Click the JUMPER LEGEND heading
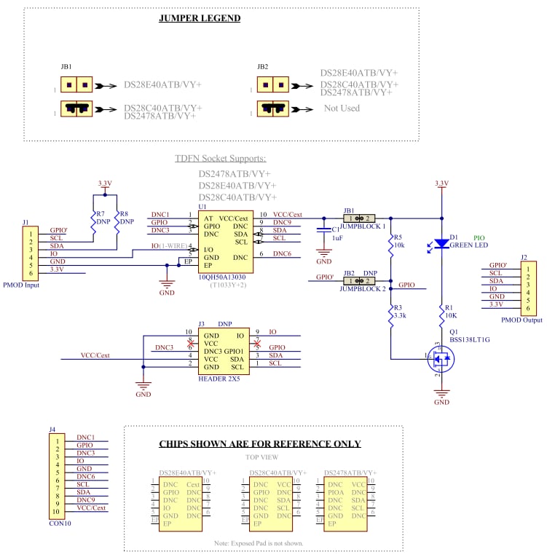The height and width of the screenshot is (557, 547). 200,18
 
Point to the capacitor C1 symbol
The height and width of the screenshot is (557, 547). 323,229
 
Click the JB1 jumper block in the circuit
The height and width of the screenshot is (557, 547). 359,218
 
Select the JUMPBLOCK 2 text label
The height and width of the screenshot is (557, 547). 363,289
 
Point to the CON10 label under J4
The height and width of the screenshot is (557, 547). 60,523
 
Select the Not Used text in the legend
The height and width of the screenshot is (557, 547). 342,108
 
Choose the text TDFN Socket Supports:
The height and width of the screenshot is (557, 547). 221,158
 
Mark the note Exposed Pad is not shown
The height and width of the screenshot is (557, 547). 259,543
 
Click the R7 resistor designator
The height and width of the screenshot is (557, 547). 100,215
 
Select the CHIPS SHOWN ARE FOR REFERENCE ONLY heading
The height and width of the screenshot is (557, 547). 259,443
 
